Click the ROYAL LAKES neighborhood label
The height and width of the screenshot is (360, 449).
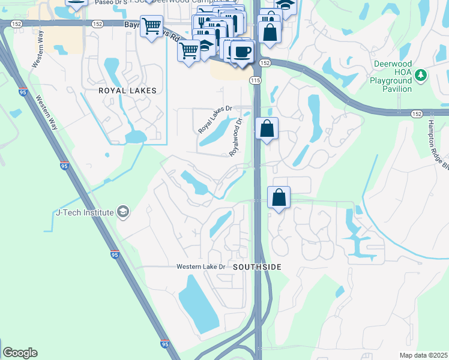(x=128, y=91)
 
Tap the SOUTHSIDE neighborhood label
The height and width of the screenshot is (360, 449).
(x=257, y=266)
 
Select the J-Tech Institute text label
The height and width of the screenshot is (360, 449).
(x=84, y=212)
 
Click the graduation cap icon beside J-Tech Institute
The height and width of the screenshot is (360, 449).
(x=123, y=212)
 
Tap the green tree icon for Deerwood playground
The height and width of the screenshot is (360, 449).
(x=422, y=74)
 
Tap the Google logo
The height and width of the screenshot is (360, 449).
(x=20, y=353)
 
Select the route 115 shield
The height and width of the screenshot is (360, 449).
(x=256, y=80)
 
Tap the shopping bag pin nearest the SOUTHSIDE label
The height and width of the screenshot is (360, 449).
(x=279, y=197)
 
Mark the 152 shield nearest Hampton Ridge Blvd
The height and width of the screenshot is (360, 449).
(x=416, y=113)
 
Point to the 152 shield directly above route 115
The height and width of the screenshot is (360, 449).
(x=265, y=62)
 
